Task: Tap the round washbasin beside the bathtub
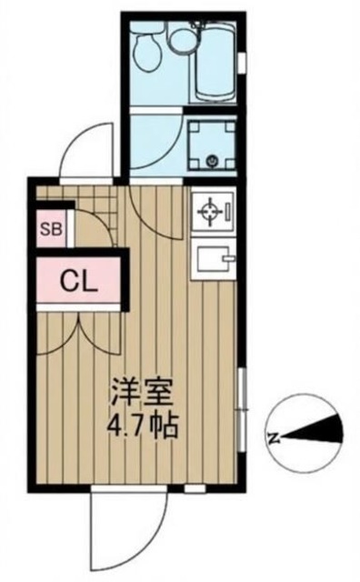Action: [x=183, y=38]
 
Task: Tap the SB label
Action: [x=50, y=229]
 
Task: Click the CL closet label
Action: [x=78, y=281]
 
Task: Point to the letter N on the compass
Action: [x=273, y=437]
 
